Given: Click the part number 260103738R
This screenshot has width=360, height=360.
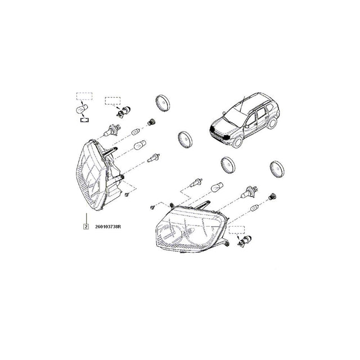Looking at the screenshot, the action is (x=108, y=227).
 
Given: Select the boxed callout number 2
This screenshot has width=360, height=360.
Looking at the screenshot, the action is (x=86, y=227).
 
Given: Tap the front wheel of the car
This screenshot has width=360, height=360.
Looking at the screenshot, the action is (x=237, y=142).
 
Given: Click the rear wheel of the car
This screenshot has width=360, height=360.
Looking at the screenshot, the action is (x=272, y=123).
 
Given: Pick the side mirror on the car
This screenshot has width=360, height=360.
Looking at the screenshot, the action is (x=246, y=126).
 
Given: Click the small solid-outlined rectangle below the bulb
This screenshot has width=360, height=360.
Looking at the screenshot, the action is (x=84, y=120).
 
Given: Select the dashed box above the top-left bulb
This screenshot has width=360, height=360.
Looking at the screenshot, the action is (x=84, y=96).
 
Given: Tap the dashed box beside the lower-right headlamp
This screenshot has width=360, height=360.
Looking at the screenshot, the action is (x=237, y=229).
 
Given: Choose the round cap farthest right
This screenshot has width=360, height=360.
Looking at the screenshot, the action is (x=277, y=169).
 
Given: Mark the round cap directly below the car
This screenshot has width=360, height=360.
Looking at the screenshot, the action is (x=228, y=165).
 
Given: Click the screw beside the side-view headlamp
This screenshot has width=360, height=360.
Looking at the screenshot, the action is (x=127, y=195).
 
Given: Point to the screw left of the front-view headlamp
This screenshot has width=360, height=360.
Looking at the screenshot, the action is (x=152, y=208).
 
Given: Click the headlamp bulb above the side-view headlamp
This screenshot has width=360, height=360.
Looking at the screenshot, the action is (x=111, y=130).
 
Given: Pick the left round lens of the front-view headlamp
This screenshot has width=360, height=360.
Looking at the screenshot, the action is (x=170, y=235).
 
